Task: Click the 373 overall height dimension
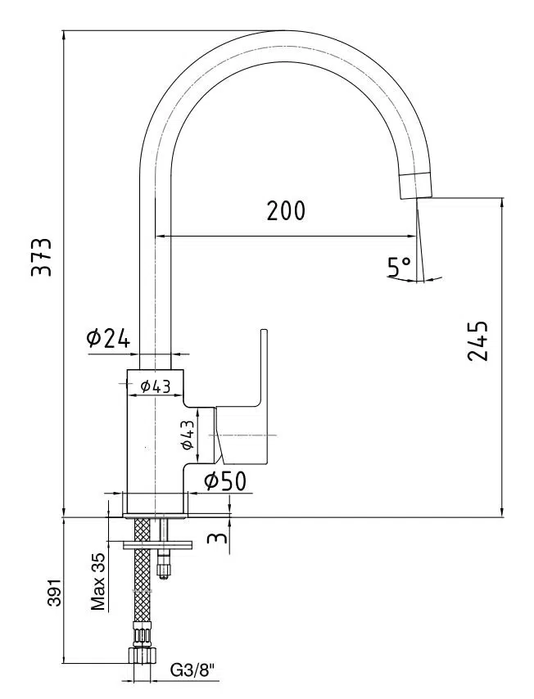(41, 257)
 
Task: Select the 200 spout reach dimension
(285, 211)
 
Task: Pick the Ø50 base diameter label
(224, 481)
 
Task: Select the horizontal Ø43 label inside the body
(155, 386)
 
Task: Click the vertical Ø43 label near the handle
(188, 434)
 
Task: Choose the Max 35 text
(98, 582)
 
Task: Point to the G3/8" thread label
(192, 671)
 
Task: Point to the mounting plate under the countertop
(156, 543)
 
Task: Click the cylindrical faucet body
(153, 442)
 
